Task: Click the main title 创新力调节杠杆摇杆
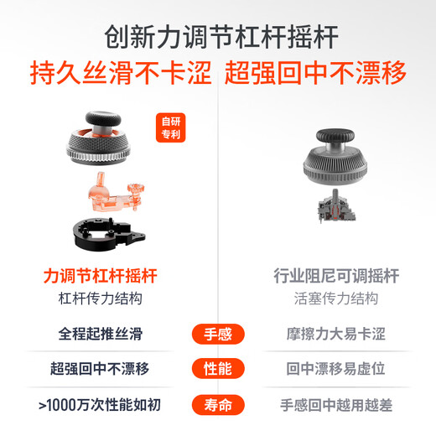[221, 37]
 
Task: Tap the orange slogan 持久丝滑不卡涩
[121, 73]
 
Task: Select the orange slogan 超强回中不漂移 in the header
[315, 73]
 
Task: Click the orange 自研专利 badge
[171, 127]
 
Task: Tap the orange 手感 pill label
[218, 334]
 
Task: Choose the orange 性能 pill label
[218, 368]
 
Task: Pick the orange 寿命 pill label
[218, 405]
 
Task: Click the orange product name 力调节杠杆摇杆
[101, 276]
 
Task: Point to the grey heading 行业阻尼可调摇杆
[336, 276]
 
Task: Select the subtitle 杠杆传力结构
[101, 298]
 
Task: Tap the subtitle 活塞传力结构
[336, 298]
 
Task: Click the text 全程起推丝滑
[101, 334]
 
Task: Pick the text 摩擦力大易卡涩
[336, 334]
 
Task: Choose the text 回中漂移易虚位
[336, 368]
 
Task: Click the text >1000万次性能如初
[100, 405]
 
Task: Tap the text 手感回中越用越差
[336, 405]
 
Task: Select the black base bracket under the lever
[109, 233]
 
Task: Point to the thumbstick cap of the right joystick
[335, 136]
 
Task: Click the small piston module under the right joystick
[336, 206]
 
